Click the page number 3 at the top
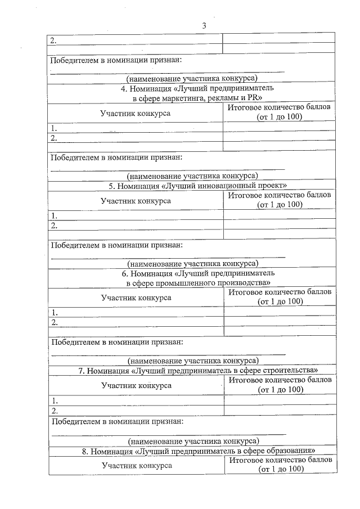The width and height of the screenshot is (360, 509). (204, 25)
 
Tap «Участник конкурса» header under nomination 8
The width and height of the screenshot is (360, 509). (136, 465)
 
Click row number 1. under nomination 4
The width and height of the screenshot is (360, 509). (53, 128)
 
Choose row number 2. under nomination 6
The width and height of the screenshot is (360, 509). (55, 322)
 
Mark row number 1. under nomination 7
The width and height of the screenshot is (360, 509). (55, 400)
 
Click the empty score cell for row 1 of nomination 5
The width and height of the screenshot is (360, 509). (280, 215)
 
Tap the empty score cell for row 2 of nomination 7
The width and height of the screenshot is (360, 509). (280, 411)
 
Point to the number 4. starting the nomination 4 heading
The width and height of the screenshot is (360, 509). (124, 88)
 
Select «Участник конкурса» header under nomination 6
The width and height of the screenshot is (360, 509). (136, 297)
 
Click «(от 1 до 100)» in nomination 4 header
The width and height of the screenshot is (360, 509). (280, 117)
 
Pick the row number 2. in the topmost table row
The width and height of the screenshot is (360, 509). (53, 40)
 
